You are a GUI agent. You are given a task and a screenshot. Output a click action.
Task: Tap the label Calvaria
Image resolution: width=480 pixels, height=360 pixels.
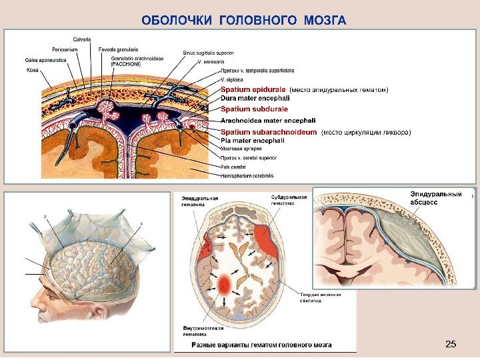pos(83,37)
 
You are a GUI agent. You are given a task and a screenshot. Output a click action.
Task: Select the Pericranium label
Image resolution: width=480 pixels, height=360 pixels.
pos(65,49)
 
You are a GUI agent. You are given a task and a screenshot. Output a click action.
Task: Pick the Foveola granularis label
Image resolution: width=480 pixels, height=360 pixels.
pos(118,49)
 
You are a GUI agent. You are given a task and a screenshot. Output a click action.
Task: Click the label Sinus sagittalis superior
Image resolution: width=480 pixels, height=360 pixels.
pos(207,52)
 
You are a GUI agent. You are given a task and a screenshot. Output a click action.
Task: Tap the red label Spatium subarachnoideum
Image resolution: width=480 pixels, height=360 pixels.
pos(269,132)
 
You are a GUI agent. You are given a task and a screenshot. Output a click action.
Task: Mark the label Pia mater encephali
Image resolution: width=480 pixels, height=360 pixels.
pos(252,141)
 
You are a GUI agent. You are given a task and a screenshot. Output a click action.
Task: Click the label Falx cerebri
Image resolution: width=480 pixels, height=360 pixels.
pos(233,166)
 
